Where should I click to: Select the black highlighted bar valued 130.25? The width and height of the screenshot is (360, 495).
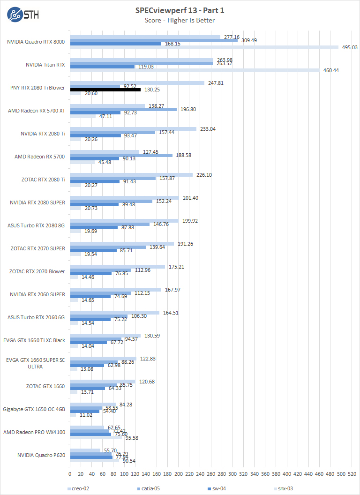105,90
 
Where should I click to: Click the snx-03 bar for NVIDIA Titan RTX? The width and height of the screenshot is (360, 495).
195,70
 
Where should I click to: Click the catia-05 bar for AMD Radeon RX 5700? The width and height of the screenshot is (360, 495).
121,155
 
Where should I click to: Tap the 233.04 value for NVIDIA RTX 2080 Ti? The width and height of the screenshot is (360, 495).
208,128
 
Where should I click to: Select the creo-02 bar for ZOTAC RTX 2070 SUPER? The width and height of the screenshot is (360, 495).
122,244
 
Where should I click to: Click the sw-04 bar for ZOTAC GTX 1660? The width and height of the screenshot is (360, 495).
87,388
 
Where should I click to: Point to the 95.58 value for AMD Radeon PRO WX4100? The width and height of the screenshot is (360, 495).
131,438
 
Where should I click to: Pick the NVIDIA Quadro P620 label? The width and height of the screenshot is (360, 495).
41,455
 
